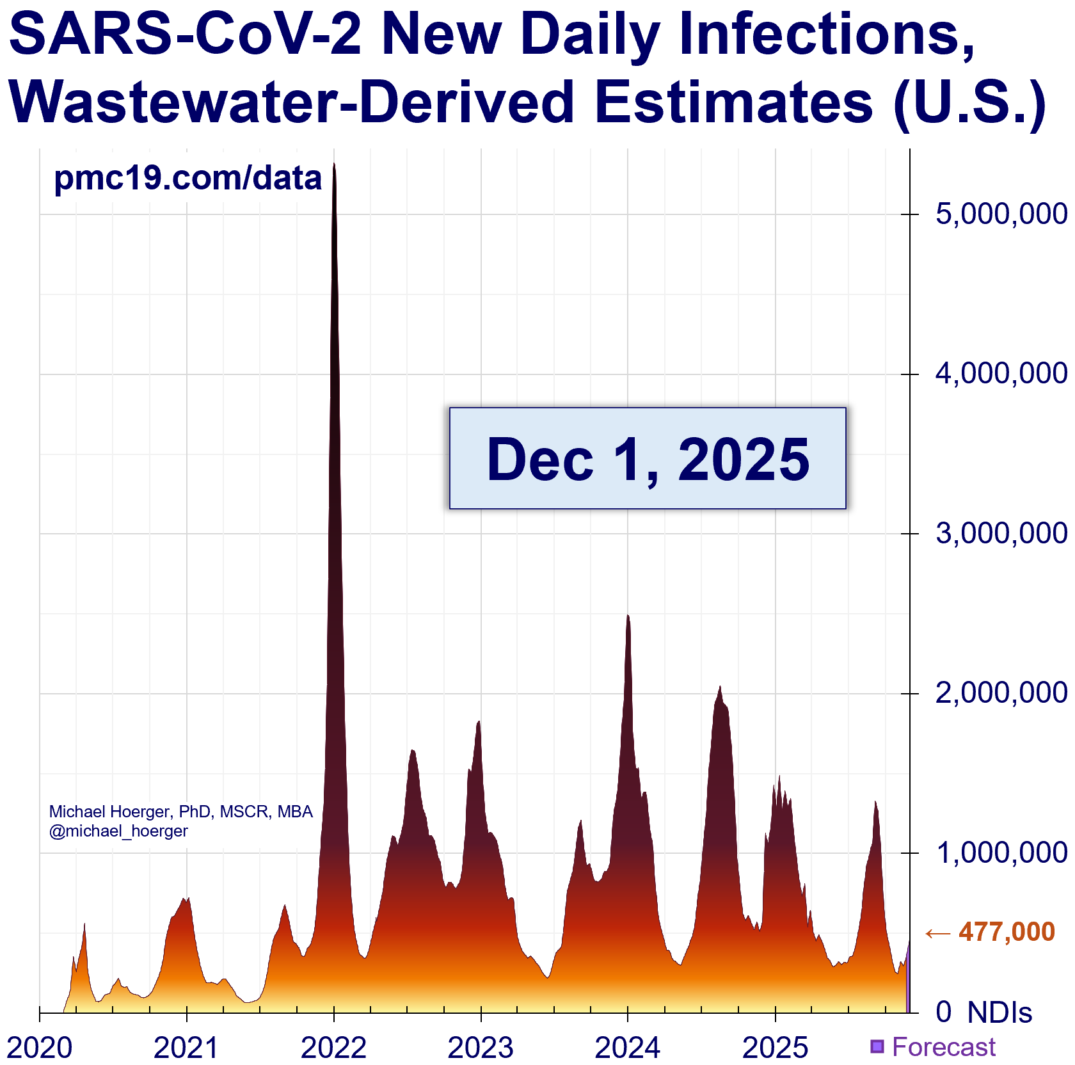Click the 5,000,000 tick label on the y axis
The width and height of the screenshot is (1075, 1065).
click(x=1001, y=214)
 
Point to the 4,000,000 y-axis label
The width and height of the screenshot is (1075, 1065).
click(x=1001, y=374)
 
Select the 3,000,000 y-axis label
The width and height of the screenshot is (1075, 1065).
click(x=1001, y=534)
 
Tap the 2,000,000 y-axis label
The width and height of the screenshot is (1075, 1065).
click(x=1001, y=693)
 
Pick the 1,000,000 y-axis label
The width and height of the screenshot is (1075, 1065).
click(x=1001, y=853)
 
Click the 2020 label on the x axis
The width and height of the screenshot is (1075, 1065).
click(x=40, y=1048)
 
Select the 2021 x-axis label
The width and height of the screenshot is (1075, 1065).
click(x=186, y=1048)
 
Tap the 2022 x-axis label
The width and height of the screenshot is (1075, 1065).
click(x=333, y=1048)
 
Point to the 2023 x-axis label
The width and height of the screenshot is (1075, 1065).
click(x=481, y=1048)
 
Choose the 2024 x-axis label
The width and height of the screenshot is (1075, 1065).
click(x=628, y=1048)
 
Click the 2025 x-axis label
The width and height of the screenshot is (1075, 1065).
click(x=775, y=1048)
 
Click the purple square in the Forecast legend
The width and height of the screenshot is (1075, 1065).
click(x=877, y=1046)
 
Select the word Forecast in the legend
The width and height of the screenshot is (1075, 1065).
click(x=944, y=1047)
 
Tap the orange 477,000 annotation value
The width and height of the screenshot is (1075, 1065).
click(x=1007, y=932)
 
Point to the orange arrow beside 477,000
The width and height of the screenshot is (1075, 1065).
click(x=938, y=934)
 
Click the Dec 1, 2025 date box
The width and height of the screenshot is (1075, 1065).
click(x=648, y=458)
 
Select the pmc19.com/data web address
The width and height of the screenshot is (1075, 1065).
click(x=187, y=178)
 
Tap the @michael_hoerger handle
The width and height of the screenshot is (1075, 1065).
click(x=118, y=831)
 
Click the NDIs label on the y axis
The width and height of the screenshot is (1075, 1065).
click(x=999, y=1013)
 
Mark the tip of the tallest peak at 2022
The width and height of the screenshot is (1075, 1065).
click(x=334, y=164)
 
